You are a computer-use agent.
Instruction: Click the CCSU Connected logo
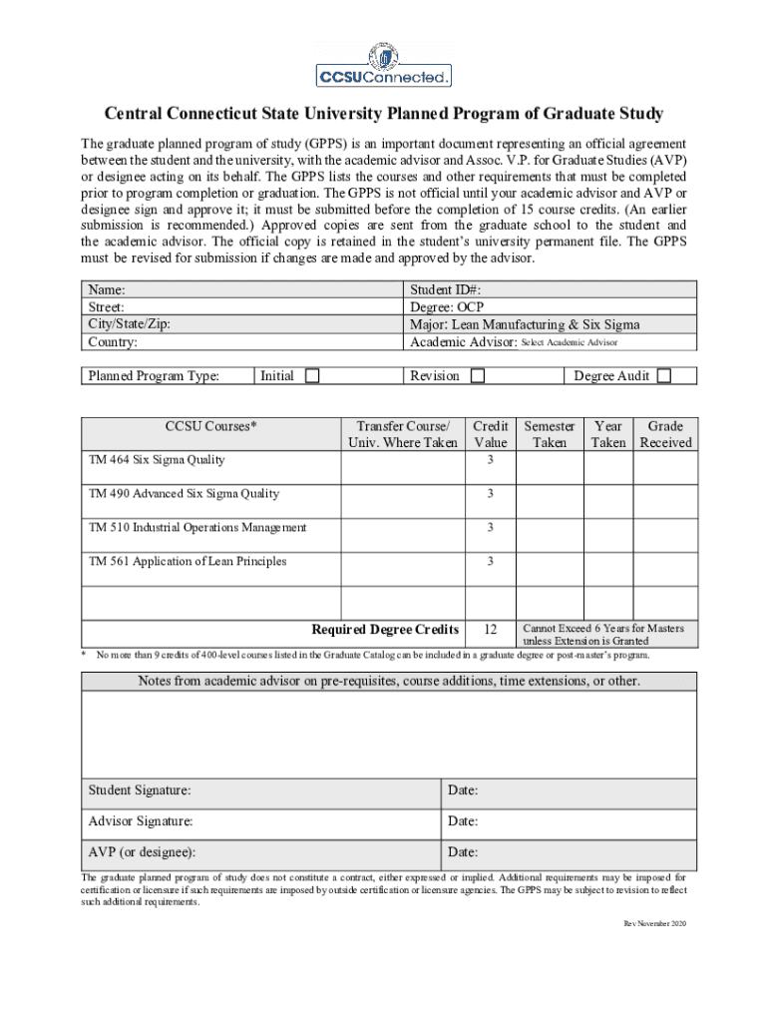coord(384,65)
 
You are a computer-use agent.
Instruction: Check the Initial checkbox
coord(312,376)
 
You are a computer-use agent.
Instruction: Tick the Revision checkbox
coord(478,376)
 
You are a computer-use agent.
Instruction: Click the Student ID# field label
coord(446,290)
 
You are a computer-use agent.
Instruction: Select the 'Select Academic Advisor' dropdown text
coord(570,342)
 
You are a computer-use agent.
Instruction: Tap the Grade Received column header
coord(665,434)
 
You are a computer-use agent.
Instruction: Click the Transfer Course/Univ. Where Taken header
coord(402,434)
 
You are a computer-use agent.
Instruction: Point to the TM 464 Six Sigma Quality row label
coord(157,460)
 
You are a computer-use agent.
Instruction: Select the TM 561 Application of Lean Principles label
coord(188,562)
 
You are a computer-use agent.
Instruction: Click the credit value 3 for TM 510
coord(490,528)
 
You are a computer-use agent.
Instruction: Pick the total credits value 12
coord(490,630)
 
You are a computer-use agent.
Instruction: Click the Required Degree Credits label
coord(385,630)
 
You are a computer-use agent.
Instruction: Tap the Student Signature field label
coord(140,790)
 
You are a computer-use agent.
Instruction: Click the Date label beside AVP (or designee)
coord(463,853)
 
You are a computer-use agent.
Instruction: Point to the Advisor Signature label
coord(141,821)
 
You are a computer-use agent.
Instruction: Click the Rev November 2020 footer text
coord(655,924)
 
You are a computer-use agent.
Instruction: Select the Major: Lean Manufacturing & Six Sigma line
coord(525,324)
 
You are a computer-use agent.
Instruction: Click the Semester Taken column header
coord(550,434)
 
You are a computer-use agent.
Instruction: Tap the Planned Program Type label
coord(154,376)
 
